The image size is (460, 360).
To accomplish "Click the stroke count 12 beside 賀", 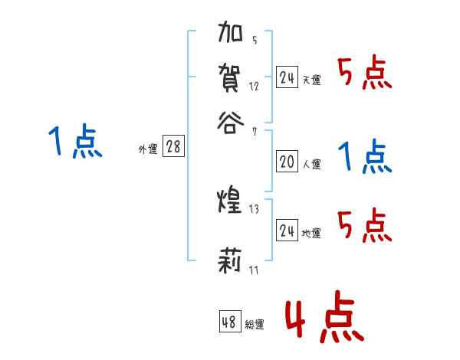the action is [x=254, y=87].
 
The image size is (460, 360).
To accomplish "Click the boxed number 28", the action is [x=174, y=147].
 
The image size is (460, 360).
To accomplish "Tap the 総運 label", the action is [x=255, y=325].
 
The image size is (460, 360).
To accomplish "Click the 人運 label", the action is [x=311, y=164].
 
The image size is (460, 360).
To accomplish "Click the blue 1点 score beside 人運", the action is [x=365, y=158].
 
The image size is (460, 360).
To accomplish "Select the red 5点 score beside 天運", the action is [x=365, y=75].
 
